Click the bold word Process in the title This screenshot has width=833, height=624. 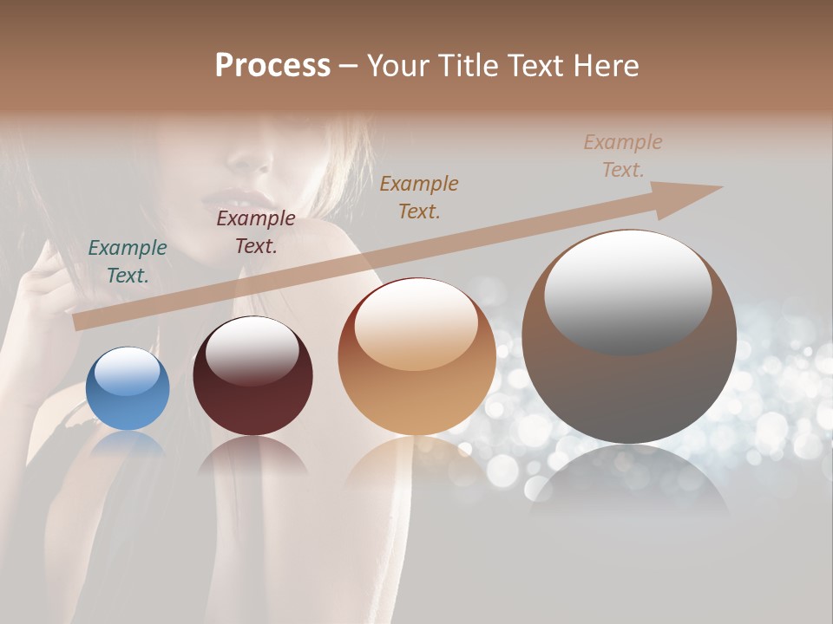[x=272, y=66]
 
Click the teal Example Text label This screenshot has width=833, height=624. [x=128, y=262]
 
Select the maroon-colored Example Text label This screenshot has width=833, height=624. [x=256, y=232]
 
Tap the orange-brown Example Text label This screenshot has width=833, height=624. [x=419, y=197]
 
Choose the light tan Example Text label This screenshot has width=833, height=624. [x=623, y=155]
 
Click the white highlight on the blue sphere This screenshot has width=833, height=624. [x=128, y=371]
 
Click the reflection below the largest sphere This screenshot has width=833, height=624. [x=629, y=481]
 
